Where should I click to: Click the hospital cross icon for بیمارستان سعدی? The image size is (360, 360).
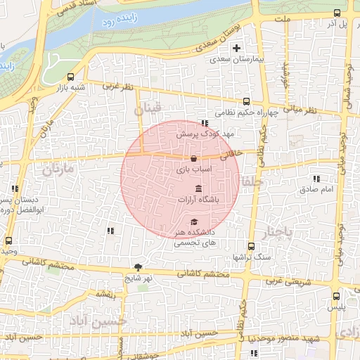236,48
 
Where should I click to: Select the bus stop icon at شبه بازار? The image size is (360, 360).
70,77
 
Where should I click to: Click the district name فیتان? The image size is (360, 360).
148,110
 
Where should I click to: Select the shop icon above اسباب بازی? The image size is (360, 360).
193,158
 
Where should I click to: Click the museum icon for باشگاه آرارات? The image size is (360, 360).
198,189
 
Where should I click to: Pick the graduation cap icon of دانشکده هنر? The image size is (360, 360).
193,221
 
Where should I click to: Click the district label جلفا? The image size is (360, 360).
252,182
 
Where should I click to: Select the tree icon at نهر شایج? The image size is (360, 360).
138,267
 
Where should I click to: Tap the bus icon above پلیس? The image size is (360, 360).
336,296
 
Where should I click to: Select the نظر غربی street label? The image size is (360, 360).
117,86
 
